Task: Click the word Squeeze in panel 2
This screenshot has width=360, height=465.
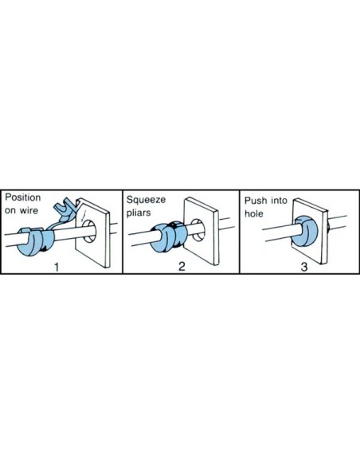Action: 147,195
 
